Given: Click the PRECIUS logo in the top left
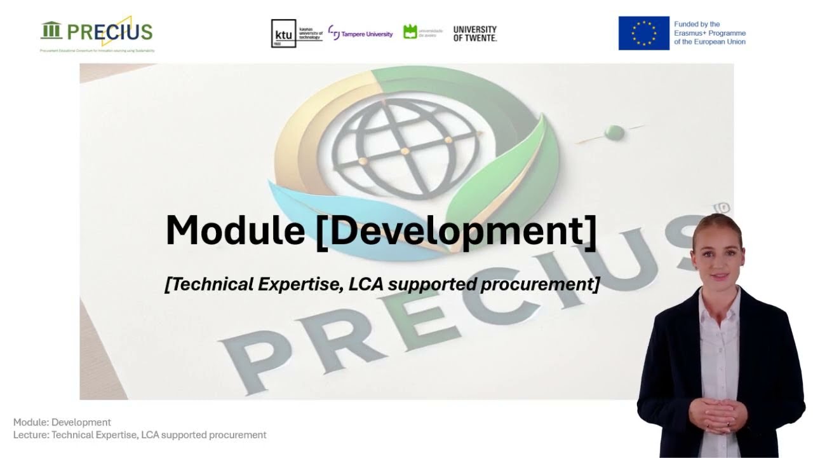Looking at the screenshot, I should (97, 32).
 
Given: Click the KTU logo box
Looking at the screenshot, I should (283, 34).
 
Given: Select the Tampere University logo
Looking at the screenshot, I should (360, 34).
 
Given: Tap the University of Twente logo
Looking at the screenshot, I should (474, 34).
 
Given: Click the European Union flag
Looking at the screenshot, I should (643, 33).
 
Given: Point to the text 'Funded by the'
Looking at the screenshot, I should (697, 24).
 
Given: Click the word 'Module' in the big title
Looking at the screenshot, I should (235, 230).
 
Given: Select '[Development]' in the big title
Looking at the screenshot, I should (456, 230).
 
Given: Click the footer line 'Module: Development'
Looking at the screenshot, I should (62, 422).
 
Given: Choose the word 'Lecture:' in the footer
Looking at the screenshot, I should (31, 435).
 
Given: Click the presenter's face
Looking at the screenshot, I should (717, 254).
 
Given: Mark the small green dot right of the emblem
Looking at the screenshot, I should (614, 132).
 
